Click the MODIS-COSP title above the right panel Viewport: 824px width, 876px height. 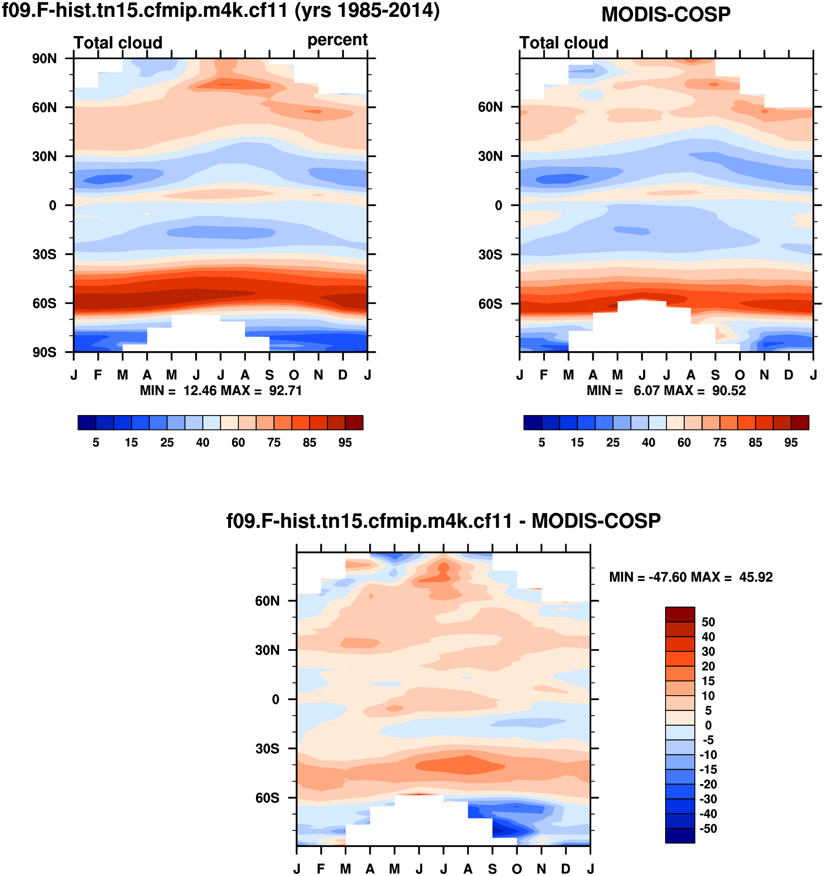click(x=666, y=15)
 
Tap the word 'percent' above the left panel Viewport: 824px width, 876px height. click(x=337, y=40)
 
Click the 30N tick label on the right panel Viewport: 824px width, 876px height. click(x=490, y=156)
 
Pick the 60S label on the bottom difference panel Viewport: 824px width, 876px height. click(x=267, y=798)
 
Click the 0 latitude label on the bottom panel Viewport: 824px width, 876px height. click(x=276, y=700)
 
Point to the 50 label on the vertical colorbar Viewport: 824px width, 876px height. click(x=708, y=622)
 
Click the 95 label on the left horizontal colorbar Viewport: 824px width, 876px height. click(x=345, y=443)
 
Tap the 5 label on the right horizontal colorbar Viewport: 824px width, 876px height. click(x=542, y=443)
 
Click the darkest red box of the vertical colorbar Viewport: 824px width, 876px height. click(x=680, y=614)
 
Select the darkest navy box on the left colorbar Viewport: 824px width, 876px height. click(x=87, y=423)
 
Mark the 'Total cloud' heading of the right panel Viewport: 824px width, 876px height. click(x=564, y=43)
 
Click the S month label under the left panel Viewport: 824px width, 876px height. click(x=269, y=375)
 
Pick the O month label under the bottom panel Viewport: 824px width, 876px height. click(x=517, y=869)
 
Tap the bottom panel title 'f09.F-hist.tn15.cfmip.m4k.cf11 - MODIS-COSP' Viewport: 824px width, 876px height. click(x=443, y=521)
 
